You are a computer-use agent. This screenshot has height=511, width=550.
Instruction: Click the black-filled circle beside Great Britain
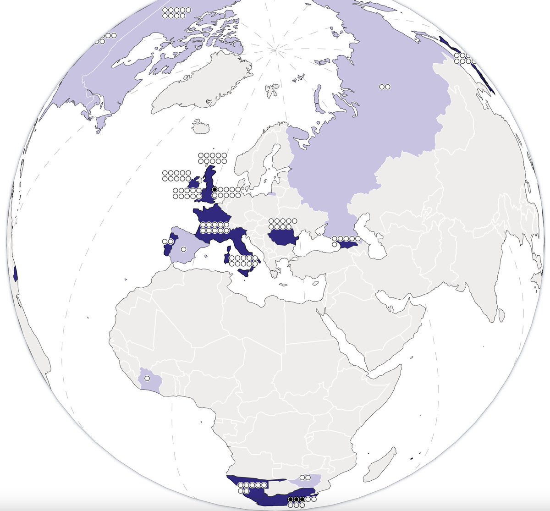click(214, 189)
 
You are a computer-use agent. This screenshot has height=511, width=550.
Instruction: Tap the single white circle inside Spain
click(183, 249)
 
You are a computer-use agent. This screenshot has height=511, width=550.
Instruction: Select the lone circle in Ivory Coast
click(147, 379)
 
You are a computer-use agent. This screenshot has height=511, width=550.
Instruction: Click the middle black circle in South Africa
click(296, 499)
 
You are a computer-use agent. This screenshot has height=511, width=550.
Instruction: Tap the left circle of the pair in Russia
click(382, 86)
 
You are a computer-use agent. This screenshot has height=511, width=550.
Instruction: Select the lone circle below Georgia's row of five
click(335, 244)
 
